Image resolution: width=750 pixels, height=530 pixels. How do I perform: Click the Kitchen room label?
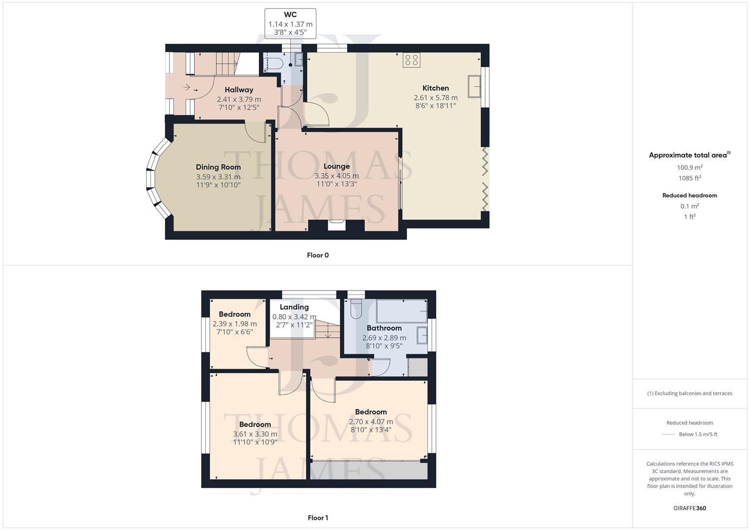pos(435,88)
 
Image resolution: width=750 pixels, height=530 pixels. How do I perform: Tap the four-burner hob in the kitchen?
pos(411,60)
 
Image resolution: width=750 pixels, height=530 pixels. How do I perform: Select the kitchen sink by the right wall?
pos(474,87)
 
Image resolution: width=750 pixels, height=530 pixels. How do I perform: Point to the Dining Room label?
pos(218,167)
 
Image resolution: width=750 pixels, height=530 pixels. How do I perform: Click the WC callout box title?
pos(290,15)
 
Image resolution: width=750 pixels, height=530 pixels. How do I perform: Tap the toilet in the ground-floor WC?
pos(274,63)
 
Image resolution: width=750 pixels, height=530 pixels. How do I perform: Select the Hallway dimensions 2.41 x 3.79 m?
pos(239,99)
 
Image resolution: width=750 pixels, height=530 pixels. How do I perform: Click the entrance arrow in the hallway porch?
pos(187,87)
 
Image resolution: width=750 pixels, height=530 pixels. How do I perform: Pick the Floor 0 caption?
pos(318,255)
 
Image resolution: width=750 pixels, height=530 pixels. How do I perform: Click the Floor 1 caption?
pos(318,518)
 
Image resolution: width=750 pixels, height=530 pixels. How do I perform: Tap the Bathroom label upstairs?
pos(384,328)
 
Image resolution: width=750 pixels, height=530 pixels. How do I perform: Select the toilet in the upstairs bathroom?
pos(356,308)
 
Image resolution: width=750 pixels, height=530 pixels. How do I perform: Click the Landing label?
pos(294,307)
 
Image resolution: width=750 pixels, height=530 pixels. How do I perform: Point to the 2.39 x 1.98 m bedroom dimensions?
pos(235,324)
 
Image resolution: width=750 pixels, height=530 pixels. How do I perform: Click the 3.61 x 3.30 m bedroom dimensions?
pos(255,434)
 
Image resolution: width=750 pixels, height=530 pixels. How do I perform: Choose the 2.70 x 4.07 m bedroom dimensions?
pos(371,422)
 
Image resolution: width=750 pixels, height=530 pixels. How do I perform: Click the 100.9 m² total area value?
pos(690,167)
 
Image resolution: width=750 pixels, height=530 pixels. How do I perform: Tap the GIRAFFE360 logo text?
pos(690,508)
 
